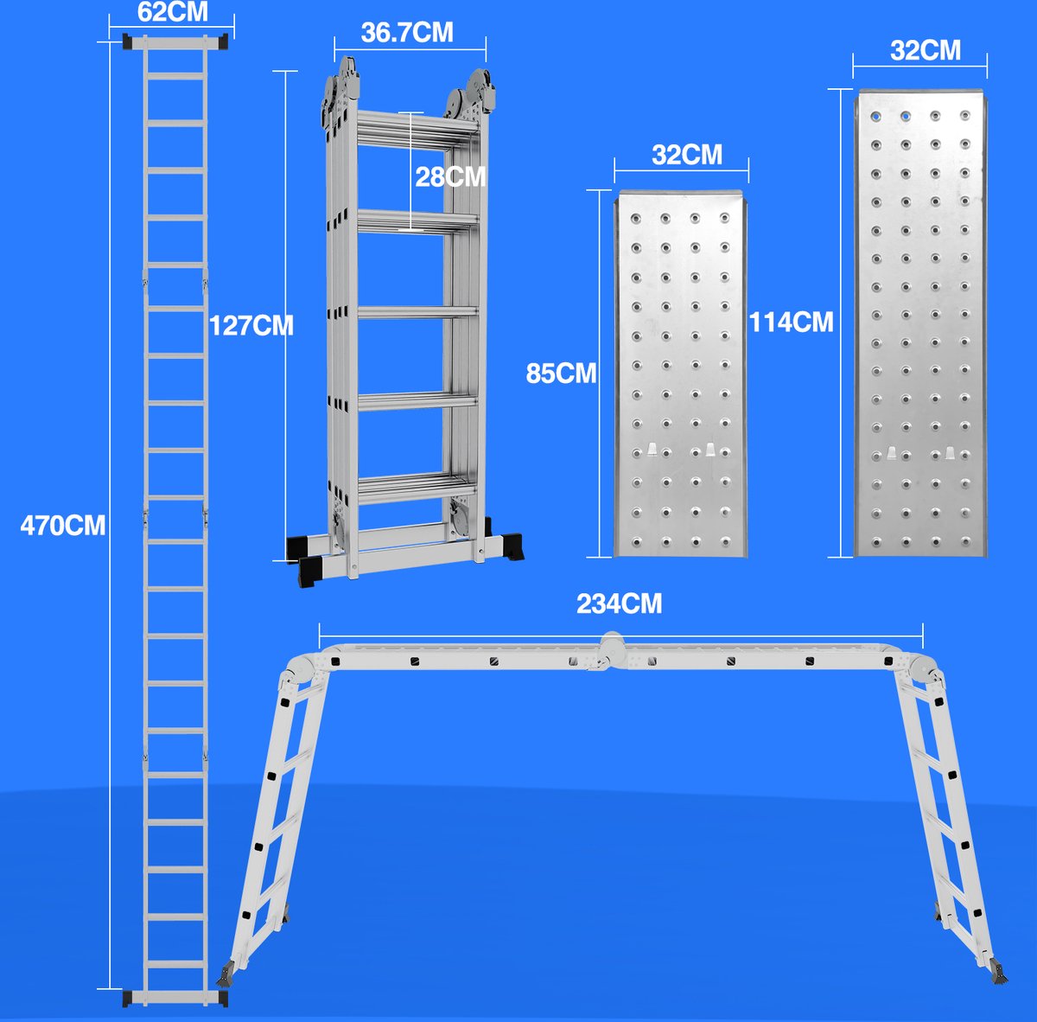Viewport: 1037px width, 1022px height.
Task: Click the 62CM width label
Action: (173, 13)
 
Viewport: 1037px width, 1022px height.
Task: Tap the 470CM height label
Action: (63, 525)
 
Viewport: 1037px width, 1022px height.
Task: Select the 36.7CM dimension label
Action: (406, 32)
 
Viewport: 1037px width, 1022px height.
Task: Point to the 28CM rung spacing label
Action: (450, 176)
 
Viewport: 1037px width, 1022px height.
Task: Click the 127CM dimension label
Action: (251, 325)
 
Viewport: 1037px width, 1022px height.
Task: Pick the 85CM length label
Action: (561, 373)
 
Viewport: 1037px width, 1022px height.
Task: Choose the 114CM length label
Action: (791, 322)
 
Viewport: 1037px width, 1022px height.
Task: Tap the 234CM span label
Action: (619, 603)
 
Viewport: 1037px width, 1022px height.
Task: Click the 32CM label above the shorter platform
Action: (687, 154)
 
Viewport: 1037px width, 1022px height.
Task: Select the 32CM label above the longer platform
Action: (925, 50)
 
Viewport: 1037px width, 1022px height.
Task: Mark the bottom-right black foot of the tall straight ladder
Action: (223, 998)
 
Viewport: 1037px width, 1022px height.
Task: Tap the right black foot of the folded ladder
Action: (517, 546)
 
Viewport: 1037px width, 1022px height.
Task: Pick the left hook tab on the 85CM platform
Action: (653, 450)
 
